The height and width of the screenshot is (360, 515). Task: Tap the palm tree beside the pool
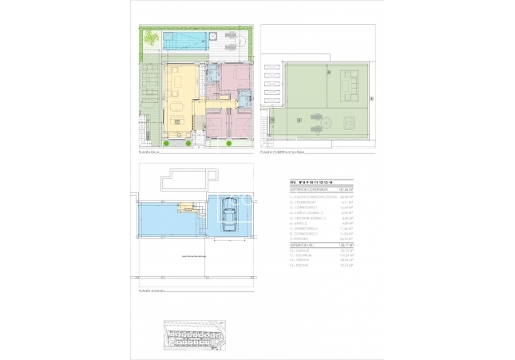click(x=150, y=36)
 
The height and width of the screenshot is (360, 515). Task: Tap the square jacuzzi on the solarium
click(x=349, y=122)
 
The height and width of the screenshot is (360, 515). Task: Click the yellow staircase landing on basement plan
click(x=186, y=209)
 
